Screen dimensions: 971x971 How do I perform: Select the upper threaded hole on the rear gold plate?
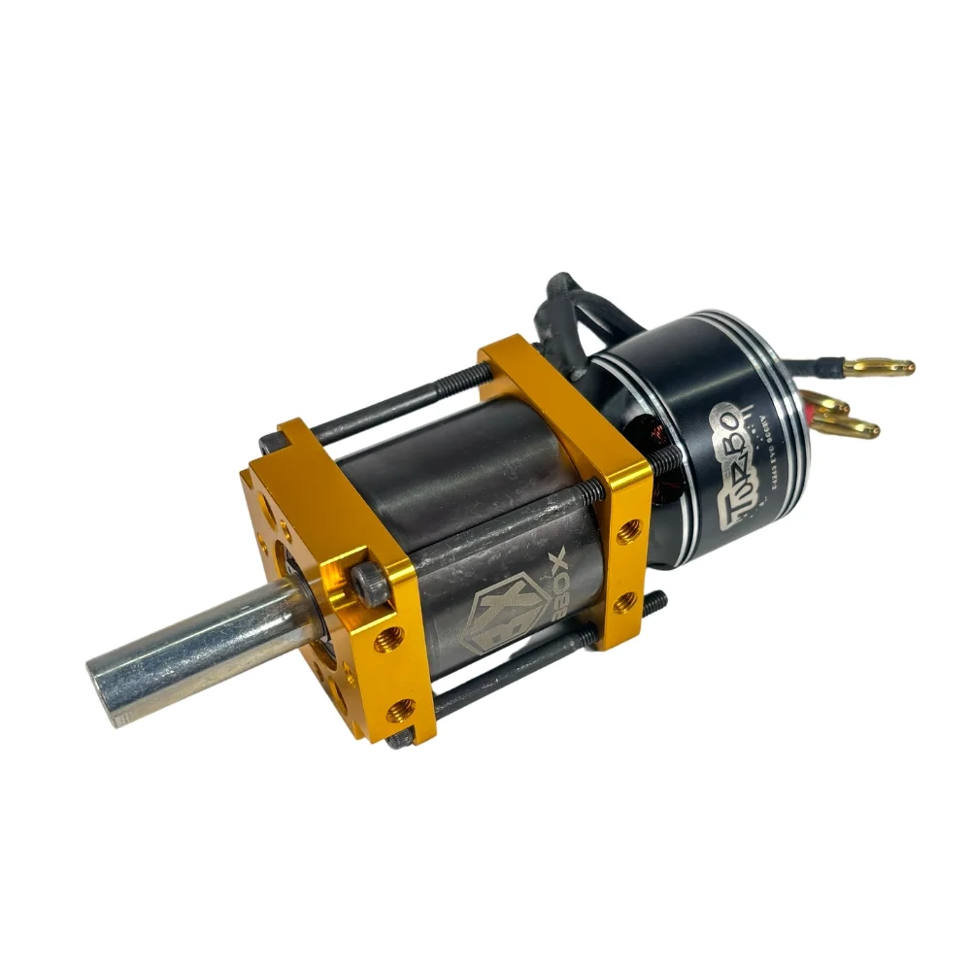click(x=624, y=529)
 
